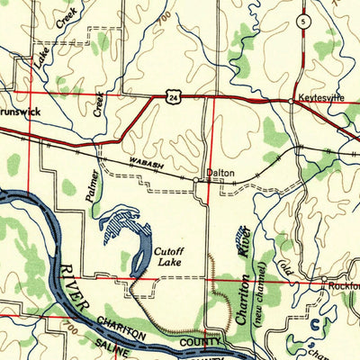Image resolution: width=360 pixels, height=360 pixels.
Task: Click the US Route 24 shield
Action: click(170, 94)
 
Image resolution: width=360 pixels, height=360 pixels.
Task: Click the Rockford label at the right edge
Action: click(343, 285)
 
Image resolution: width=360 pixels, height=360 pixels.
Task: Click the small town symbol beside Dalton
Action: click(197, 179)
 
